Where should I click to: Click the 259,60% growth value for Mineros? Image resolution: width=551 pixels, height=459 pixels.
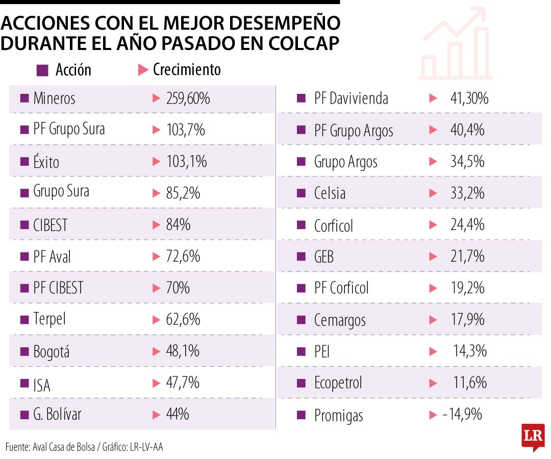point(188,98)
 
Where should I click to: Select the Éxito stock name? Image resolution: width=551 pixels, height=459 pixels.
point(46,162)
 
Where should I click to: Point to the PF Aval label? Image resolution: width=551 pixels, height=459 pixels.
point(52,257)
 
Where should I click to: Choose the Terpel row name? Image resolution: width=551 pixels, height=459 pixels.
point(49,320)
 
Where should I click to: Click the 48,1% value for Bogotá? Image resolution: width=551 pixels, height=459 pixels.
point(183,351)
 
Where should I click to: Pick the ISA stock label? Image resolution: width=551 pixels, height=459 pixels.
point(42,384)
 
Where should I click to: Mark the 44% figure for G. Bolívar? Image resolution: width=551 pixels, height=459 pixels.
point(178,414)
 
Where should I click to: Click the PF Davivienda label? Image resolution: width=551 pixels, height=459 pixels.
point(351,98)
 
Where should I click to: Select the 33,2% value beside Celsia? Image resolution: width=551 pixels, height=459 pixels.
point(467,193)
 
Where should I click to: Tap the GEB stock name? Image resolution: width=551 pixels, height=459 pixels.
point(324,257)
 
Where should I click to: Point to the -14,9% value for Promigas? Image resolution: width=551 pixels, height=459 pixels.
point(462,415)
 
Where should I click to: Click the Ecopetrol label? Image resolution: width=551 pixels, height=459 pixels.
point(338,383)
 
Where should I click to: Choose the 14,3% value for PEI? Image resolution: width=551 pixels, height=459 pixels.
point(470,351)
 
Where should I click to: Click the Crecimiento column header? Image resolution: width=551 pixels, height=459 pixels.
point(187,70)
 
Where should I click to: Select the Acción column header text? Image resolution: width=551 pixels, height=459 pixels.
point(73,70)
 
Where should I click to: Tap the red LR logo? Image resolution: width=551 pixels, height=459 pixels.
point(533,437)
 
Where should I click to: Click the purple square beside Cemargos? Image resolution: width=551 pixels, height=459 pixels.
point(301,320)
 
